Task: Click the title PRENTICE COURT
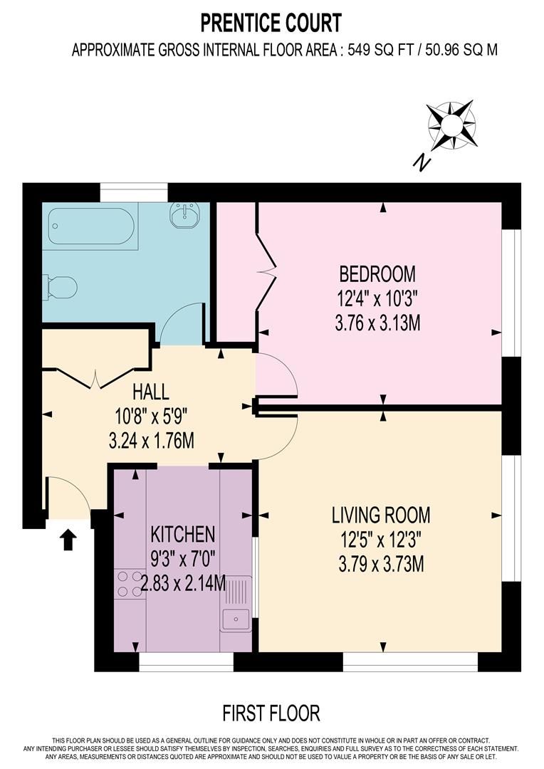[x=271, y=23]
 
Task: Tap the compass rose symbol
[x=451, y=126]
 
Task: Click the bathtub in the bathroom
[x=90, y=226]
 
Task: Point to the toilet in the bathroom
[x=61, y=288]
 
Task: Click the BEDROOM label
[x=377, y=273]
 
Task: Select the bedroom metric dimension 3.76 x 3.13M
[x=377, y=323]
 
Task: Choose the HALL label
[x=150, y=391]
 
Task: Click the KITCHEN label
[x=182, y=534]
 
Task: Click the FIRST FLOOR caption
[x=271, y=713]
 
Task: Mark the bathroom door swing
[x=182, y=324]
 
